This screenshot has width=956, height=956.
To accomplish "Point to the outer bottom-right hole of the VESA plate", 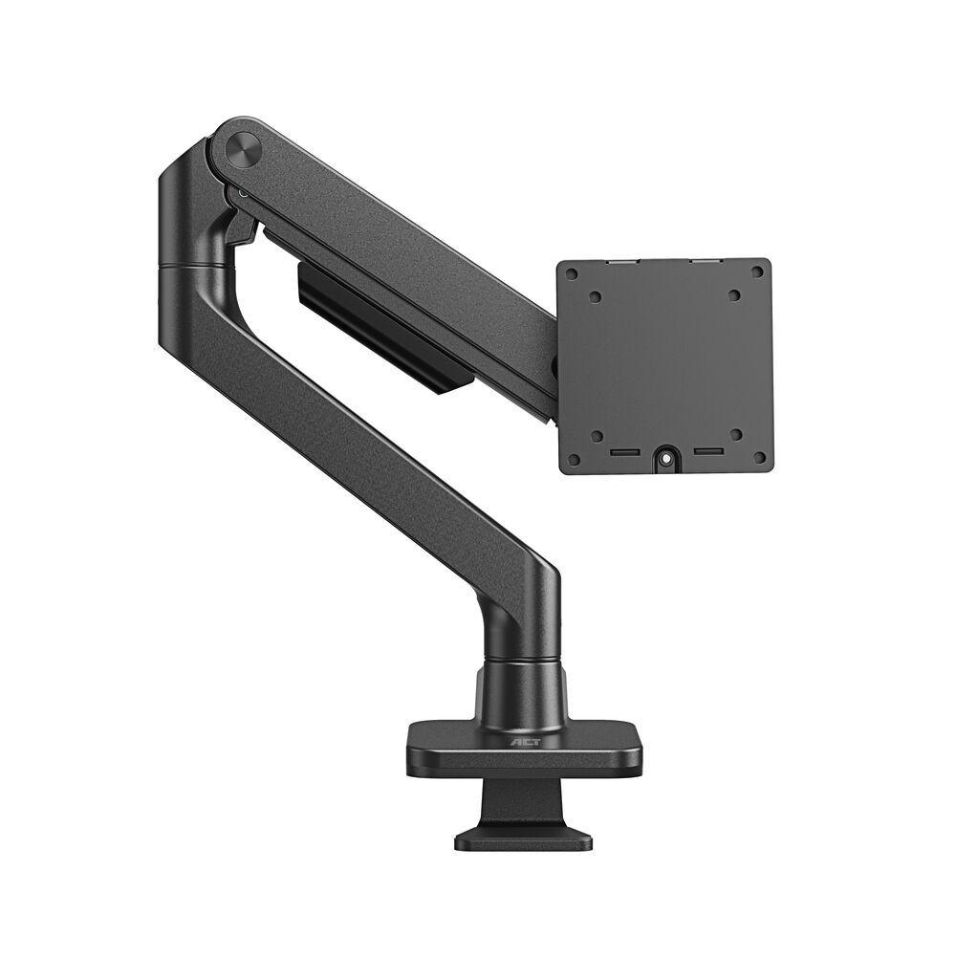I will (x=759, y=457).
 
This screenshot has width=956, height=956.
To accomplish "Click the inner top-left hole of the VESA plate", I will (x=596, y=297).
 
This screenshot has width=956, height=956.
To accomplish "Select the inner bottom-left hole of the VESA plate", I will (x=597, y=436).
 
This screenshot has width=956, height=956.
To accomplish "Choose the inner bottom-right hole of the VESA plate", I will (x=736, y=434).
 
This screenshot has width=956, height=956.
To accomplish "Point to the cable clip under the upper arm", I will (x=382, y=325).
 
